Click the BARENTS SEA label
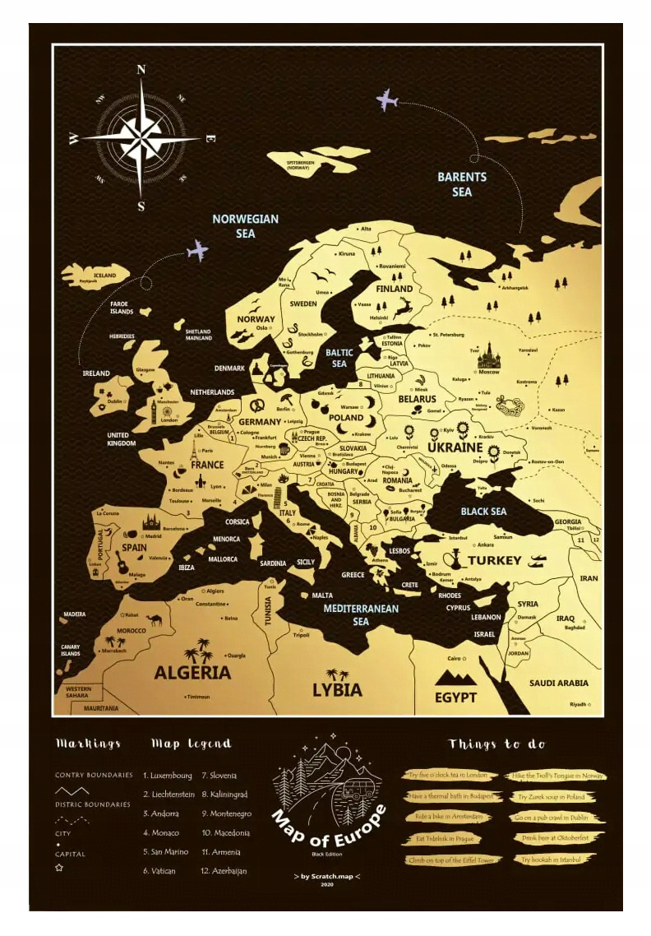point(462,184)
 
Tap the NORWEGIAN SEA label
point(245,226)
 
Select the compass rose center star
point(141,138)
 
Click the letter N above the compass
point(141,70)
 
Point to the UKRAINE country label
point(455,447)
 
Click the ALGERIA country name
point(192,673)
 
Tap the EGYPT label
point(456,697)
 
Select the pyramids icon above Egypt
point(455,677)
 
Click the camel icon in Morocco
point(153,620)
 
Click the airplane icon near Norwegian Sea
point(197,250)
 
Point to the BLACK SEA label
point(483,512)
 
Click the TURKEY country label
point(495,560)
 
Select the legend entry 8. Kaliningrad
point(224,795)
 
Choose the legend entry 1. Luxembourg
point(168,776)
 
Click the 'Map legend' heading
point(191,744)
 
